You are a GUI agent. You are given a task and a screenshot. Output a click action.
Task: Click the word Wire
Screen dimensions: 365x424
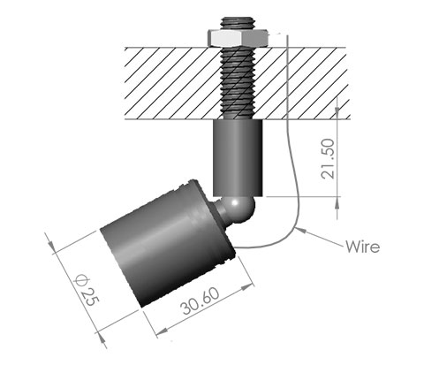click(x=362, y=246)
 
